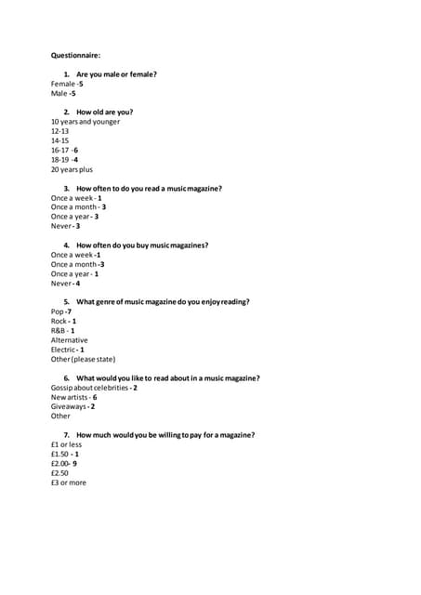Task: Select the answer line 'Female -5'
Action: (x=67, y=84)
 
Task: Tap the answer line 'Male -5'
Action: (x=63, y=93)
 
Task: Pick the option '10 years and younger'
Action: (x=86, y=122)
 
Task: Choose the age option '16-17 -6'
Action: (x=64, y=150)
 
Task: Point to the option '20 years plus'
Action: (x=72, y=169)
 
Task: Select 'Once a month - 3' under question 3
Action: (x=78, y=207)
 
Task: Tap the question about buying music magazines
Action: (x=142, y=245)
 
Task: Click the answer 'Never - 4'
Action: (x=65, y=284)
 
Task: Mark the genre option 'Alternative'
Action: (x=70, y=340)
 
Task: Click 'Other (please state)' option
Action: (x=84, y=359)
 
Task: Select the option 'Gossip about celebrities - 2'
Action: (x=94, y=388)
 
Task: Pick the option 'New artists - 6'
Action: (x=74, y=397)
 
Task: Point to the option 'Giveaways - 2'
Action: (x=72, y=406)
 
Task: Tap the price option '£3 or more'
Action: (x=69, y=483)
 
